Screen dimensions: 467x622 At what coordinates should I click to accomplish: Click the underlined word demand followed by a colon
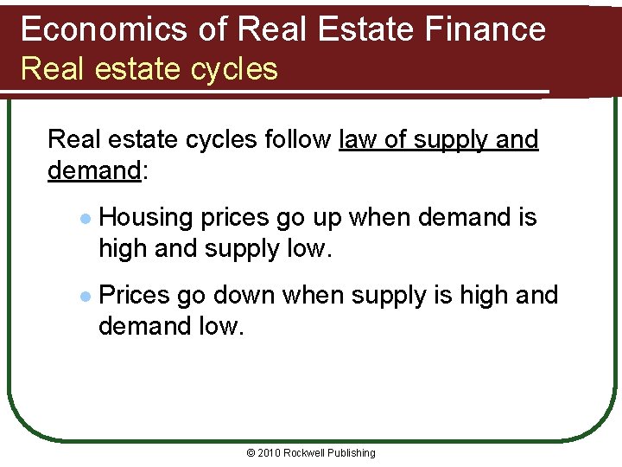93,170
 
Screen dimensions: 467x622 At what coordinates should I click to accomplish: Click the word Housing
147,218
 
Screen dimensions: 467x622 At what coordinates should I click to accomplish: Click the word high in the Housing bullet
123,249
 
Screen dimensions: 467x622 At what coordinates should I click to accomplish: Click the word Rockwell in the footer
306,453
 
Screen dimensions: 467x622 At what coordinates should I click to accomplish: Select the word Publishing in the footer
352,453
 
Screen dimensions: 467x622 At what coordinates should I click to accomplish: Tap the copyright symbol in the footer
251,453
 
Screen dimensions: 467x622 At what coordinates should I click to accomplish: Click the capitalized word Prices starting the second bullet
134,296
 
